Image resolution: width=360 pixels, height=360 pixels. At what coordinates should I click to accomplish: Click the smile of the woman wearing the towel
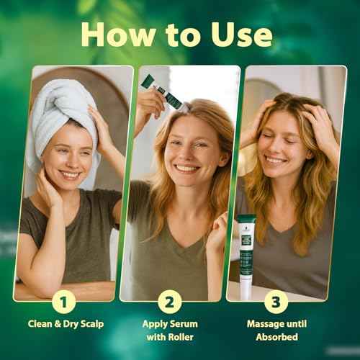tap(70, 174)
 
